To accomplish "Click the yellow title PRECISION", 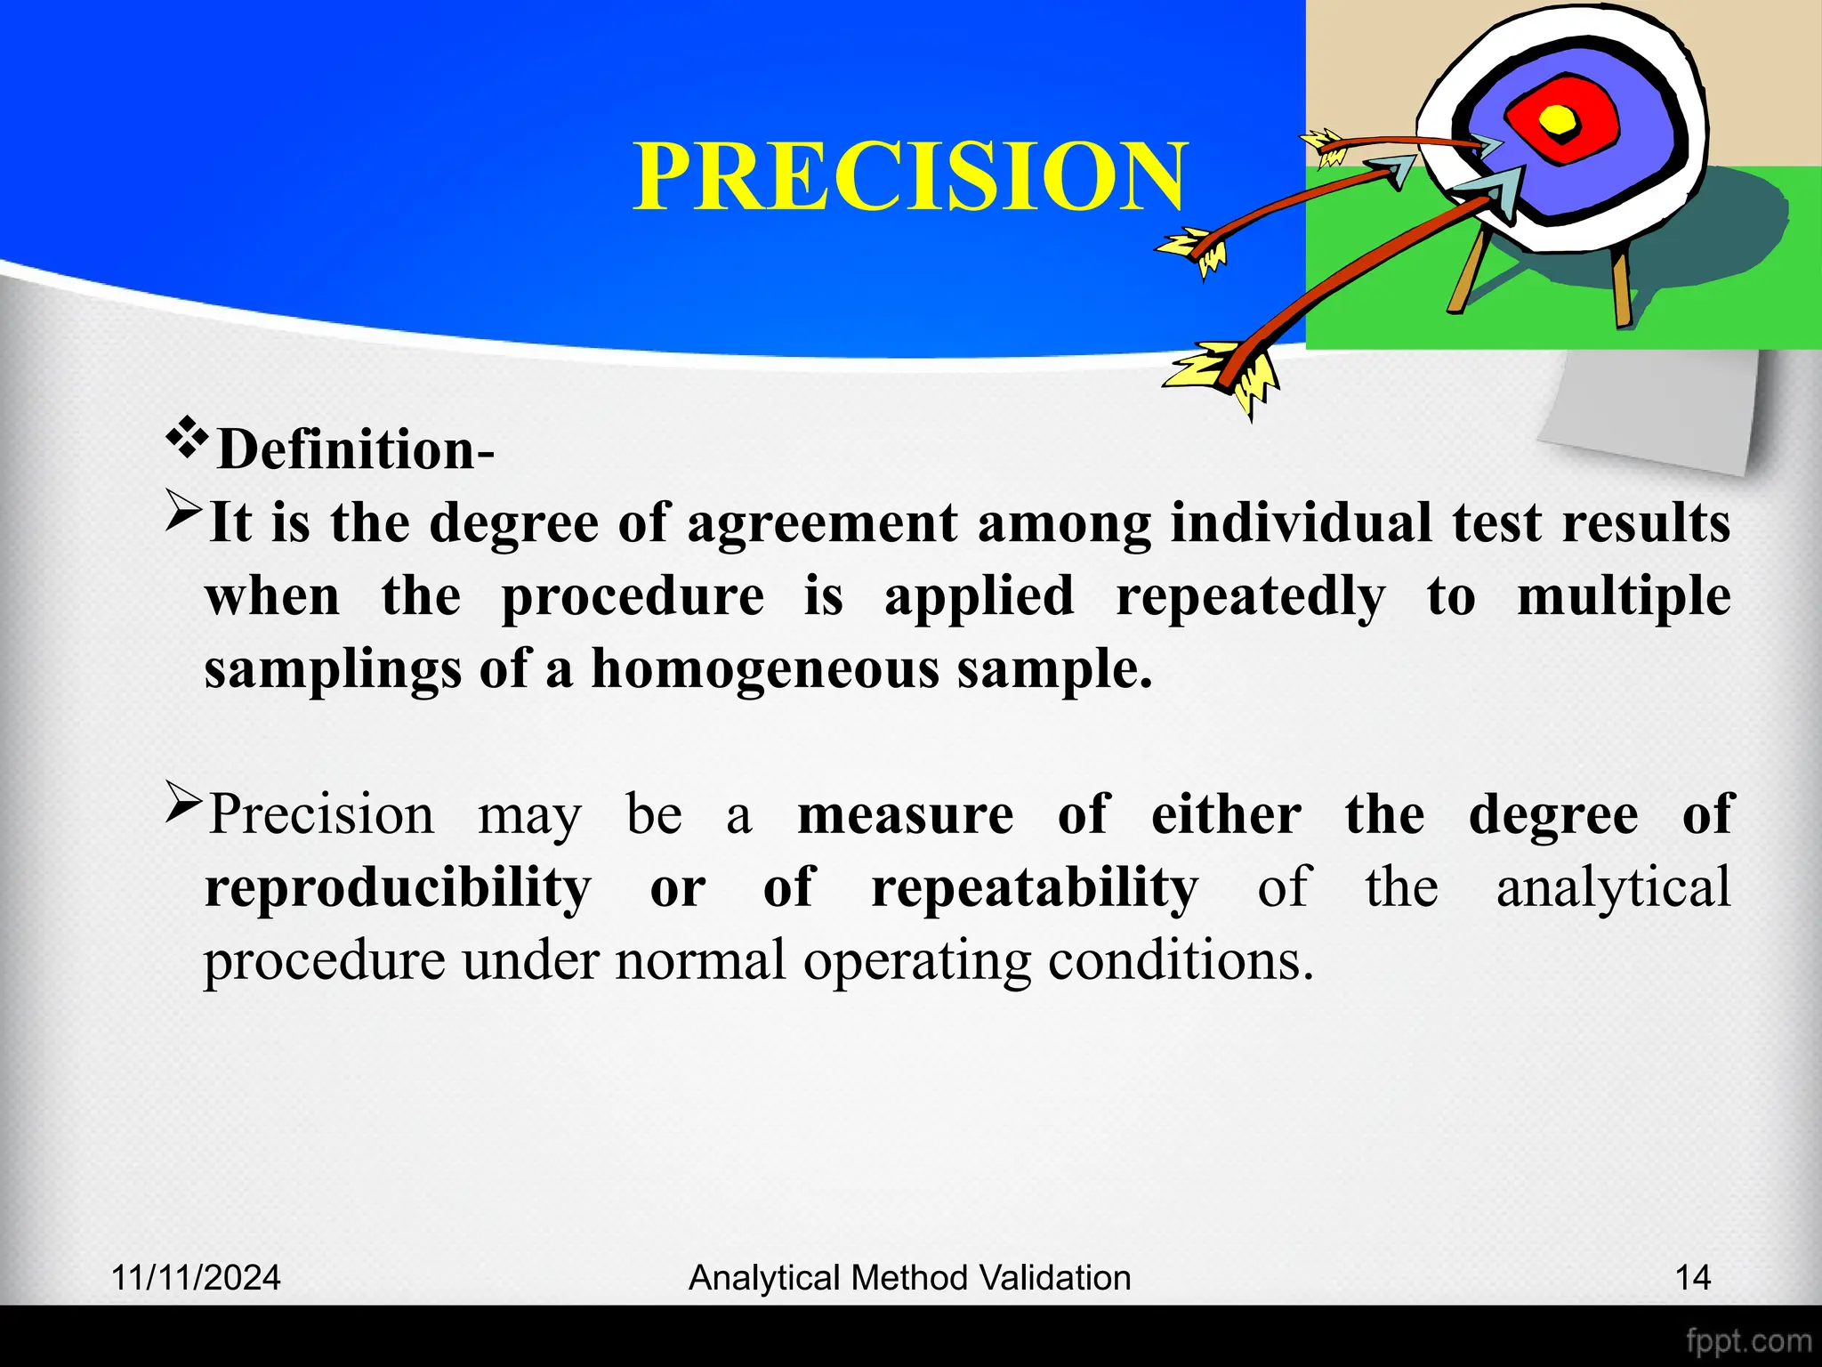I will point(909,177).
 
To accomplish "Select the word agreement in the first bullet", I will point(822,522).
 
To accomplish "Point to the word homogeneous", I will point(765,669).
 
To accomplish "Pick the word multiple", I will point(1624,596).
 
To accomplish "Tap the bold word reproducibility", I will point(398,887).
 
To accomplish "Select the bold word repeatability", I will point(1035,887).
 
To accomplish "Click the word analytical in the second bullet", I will point(1613,887).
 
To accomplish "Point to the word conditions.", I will point(1180,961).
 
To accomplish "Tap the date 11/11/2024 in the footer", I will point(196,1278).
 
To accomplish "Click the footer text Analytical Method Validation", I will point(909,1278).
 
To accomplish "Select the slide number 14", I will point(1692,1278).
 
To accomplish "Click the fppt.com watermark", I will point(1748,1341).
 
